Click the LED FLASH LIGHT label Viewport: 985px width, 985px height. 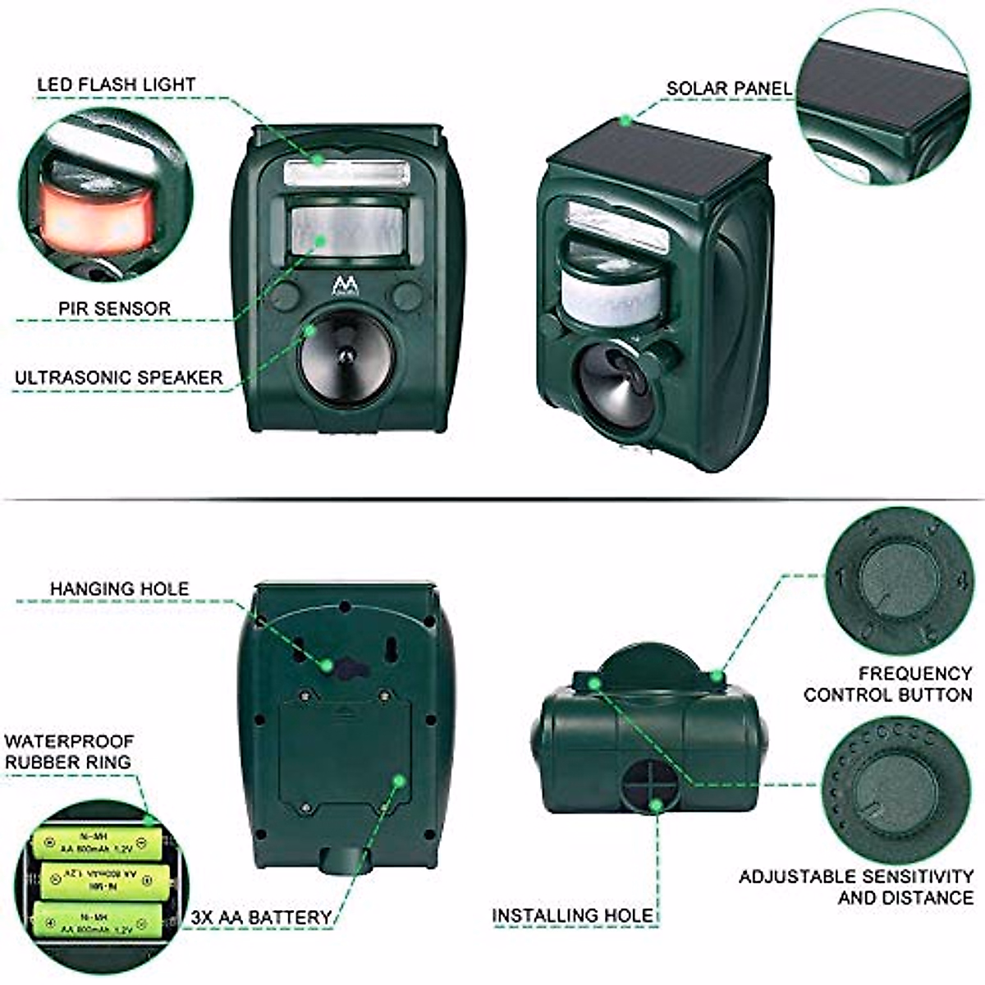116,85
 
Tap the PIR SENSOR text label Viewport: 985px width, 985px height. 114,309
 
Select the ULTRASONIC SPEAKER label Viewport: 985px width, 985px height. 118,378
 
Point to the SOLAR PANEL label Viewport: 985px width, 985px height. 729,88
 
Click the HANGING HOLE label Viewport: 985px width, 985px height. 119,589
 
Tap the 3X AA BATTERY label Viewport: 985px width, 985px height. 261,917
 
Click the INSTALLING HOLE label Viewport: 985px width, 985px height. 572,914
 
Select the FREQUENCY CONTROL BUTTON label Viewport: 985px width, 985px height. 887,684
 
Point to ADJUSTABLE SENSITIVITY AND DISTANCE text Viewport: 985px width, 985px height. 856,886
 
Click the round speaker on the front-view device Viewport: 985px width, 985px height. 346,355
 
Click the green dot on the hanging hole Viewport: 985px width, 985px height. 327,664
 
